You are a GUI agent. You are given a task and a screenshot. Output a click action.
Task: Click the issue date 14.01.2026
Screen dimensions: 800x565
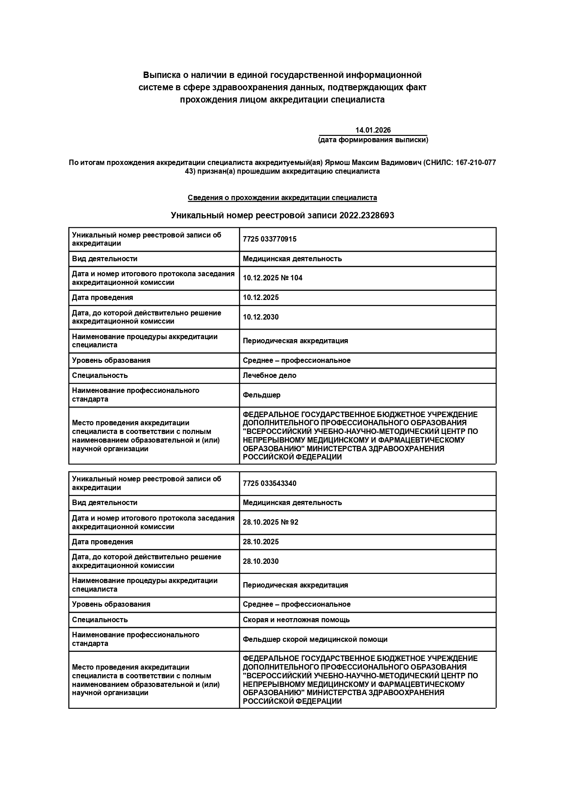[373, 130]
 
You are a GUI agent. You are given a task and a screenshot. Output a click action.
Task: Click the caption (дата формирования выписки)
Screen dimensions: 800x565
[373, 140]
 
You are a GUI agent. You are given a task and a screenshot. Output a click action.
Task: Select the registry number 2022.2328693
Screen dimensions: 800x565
[366, 216]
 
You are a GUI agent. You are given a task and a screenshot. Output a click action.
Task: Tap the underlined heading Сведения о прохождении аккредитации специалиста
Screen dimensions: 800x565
[282, 198]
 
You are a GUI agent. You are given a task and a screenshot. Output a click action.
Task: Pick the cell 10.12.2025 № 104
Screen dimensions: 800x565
[272, 278]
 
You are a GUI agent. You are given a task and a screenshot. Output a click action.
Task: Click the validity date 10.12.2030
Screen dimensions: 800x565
[261, 317]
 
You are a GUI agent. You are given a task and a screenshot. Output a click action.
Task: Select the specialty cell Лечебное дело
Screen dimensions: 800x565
[269, 376]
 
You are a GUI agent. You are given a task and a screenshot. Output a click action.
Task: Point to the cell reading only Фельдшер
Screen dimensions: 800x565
[262, 395]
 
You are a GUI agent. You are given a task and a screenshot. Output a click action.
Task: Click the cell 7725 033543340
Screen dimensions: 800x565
[269, 484]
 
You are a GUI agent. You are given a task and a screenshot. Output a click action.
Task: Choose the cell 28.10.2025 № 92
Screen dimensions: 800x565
[271, 522]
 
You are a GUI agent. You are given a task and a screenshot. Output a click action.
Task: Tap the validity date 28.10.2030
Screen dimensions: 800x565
[261, 562]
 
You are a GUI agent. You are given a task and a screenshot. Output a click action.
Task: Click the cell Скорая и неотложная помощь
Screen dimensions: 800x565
[296, 620]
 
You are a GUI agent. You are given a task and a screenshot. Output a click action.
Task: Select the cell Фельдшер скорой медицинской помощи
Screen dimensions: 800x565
[315, 640]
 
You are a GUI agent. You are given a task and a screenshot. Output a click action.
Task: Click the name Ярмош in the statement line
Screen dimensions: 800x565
[336, 163]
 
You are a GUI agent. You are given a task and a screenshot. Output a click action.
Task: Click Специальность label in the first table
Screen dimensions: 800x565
[100, 376]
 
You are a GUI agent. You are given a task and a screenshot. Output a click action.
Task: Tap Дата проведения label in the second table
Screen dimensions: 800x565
[103, 542]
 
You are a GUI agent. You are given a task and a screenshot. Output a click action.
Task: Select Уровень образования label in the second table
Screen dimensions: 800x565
[111, 604]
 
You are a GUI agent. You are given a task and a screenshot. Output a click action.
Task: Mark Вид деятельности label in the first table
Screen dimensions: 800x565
[104, 259]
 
